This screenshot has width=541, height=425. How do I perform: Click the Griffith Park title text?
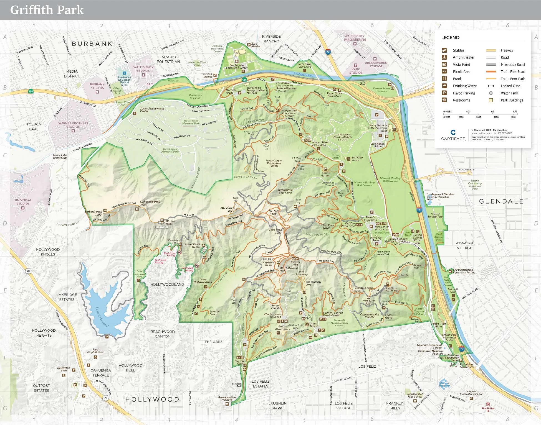point(47,10)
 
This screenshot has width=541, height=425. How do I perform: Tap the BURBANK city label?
point(92,44)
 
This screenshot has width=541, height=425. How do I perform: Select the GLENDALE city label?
point(501,201)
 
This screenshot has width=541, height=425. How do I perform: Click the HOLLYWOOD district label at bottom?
point(152,399)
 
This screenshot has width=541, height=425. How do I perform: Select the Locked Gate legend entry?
point(510,86)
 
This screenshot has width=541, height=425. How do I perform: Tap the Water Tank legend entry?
point(509,93)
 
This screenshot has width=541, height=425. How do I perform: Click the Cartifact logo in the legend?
point(453,135)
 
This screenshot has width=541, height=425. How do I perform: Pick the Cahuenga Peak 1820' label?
point(150,203)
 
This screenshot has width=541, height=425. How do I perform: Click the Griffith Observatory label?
point(283,328)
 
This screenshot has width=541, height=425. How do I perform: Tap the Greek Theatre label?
point(314,325)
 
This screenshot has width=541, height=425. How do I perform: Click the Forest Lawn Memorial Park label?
point(170,150)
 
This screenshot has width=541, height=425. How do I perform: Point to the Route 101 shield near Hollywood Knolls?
point(28,271)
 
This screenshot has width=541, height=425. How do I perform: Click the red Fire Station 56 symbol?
point(488,404)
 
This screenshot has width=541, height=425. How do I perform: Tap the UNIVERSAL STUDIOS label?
point(23,202)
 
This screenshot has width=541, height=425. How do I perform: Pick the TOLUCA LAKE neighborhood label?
point(34,127)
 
